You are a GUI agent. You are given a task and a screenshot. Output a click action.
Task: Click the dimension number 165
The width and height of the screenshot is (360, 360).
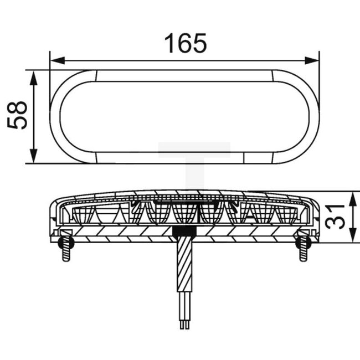point(186,43)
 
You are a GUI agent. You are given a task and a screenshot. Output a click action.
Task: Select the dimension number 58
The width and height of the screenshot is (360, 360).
point(18,115)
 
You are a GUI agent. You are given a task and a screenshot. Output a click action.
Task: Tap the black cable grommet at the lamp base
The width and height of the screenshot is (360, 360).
point(185,232)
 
